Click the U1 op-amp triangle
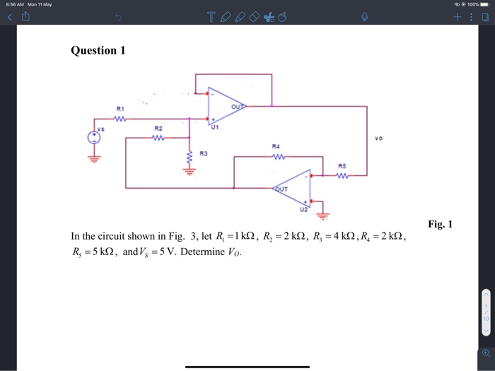tap(225, 107)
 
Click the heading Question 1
tap(98, 50)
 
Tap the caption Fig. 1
tap(440, 225)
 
